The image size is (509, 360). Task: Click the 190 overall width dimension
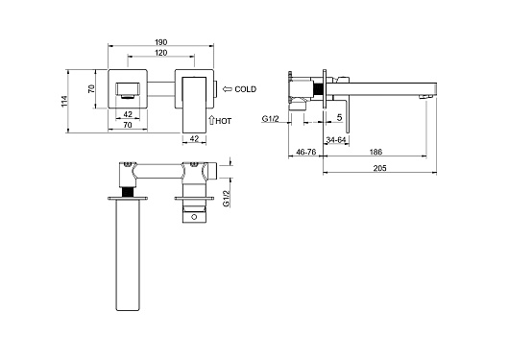click(x=160, y=42)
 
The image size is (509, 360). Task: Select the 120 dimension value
click(x=161, y=53)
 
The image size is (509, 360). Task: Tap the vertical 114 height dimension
click(x=64, y=102)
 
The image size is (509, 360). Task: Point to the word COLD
click(x=246, y=89)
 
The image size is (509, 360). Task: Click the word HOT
click(x=224, y=121)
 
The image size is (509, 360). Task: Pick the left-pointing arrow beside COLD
click(x=228, y=89)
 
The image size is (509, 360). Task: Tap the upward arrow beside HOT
click(x=211, y=120)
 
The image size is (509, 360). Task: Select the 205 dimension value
click(x=379, y=168)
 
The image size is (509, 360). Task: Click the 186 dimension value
click(x=376, y=152)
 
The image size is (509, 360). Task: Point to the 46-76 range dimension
click(x=306, y=152)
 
